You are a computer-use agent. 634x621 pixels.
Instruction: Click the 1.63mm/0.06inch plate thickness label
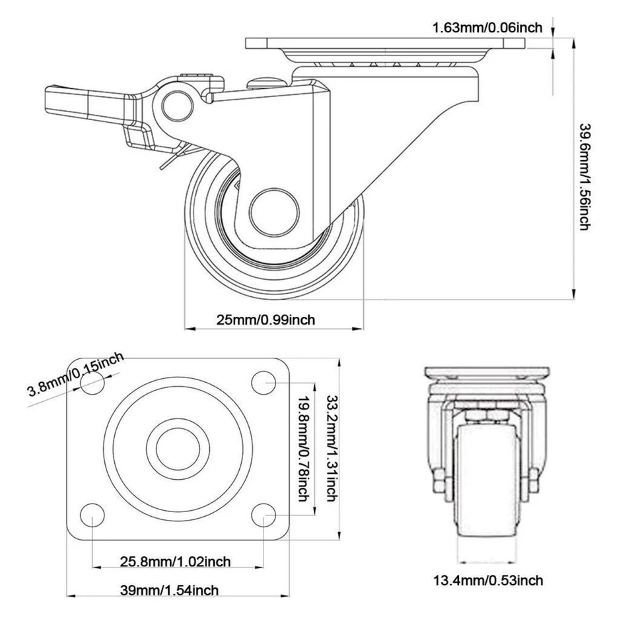(487, 27)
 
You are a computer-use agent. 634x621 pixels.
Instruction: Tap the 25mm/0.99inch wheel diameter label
(265, 319)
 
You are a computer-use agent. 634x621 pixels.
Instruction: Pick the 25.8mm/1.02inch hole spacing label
(175, 562)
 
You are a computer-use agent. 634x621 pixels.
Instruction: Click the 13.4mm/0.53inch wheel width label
(488, 580)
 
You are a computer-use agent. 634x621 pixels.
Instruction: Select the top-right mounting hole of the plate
(264, 381)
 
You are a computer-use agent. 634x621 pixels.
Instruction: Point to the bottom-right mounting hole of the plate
(264, 514)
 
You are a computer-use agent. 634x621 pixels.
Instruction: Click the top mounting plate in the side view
(386, 44)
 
